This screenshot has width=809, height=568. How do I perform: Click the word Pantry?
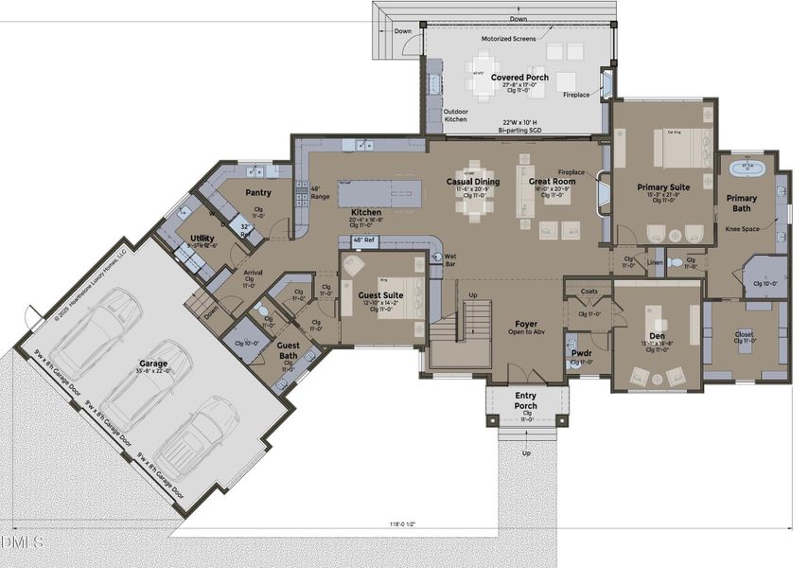click(x=258, y=192)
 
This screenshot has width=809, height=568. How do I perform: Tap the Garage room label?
click(x=153, y=363)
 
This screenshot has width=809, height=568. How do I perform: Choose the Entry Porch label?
click(x=525, y=400)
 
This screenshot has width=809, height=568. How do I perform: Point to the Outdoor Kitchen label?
click(x=456, y=115)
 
